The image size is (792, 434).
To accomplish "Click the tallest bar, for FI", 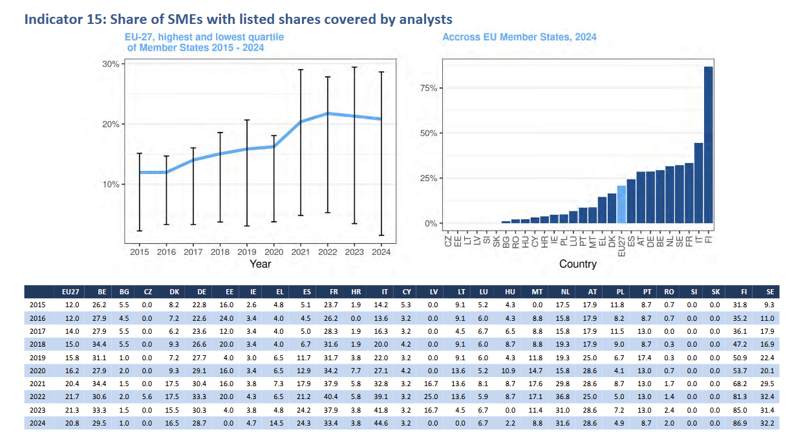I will [709, 145].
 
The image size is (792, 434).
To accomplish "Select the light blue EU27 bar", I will [621, 204].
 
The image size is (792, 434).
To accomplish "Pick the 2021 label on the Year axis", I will [301, 252].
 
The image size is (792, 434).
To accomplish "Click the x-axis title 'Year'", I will [260, 264].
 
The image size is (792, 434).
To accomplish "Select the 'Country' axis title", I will [577, 264].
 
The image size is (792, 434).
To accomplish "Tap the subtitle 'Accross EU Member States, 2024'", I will [519, 38].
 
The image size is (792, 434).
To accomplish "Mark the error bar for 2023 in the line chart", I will [354, 145].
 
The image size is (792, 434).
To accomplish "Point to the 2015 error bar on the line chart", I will [139, 191].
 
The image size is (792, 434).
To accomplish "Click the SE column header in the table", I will [769, 292].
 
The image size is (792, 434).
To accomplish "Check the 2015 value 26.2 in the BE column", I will [98, 304].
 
